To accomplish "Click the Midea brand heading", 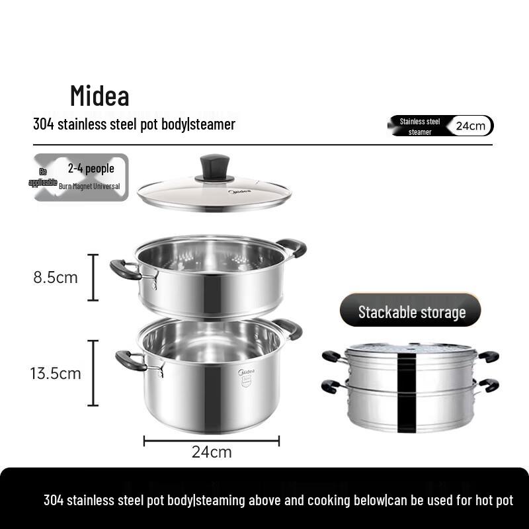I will tap(100, 97).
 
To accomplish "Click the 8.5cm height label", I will tap(56, 277).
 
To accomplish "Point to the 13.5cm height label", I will tap(56, 373).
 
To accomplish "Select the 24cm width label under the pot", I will tap(212, 452).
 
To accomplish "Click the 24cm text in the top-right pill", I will tap(471, 126).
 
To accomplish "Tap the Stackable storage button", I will tap(411, 311).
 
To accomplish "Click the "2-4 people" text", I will tap(91, 169).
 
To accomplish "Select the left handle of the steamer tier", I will tap(125, 269).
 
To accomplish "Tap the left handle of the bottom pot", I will tap(130, 360).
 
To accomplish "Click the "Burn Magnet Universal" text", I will tap(89, 186).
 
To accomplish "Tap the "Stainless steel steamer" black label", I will tap(419, 126).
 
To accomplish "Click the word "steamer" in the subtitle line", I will tap(213, 124).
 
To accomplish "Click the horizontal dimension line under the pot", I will tap(212, 440).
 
